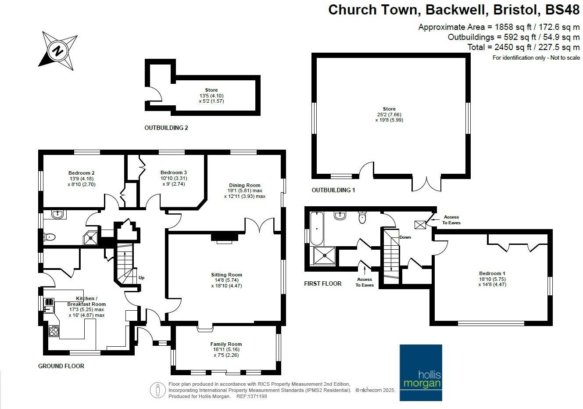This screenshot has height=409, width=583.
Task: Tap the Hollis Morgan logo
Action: click(x=421, y=373)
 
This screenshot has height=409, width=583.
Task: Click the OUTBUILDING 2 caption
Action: click(x=166, y=128)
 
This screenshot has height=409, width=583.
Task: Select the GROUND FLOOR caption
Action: click(x=61, y=366)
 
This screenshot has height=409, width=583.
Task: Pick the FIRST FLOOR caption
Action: click(x=322, y=284)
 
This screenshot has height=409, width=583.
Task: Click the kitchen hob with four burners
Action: click(x=54, y=331)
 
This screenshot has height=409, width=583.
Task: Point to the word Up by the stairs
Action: click(x=141, y=278)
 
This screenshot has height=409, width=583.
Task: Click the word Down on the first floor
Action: click(x=405, y=237)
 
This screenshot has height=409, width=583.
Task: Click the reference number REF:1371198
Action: click(x=251, y=396)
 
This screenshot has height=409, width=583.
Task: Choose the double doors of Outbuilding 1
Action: click(x=426, y=183)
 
